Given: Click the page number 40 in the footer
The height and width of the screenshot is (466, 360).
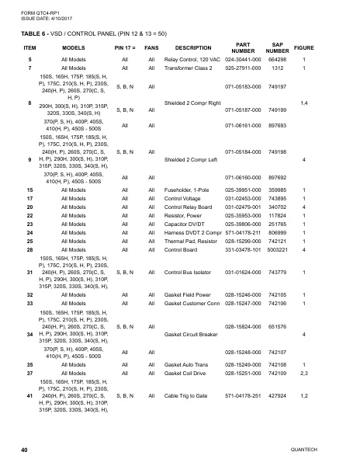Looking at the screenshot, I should pos(25,450).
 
